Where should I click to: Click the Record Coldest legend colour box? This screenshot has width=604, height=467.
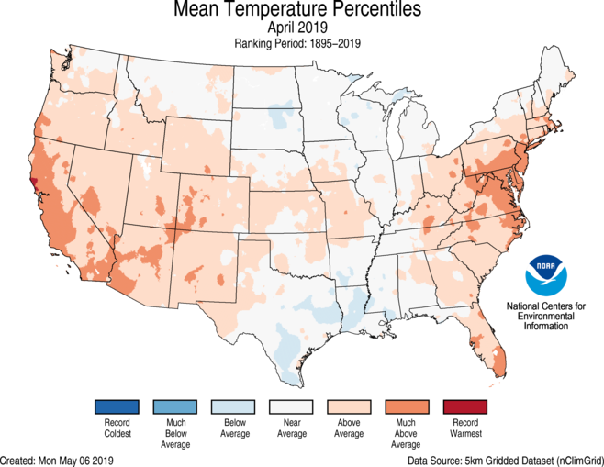click(115, 406)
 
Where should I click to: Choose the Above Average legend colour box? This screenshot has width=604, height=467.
click(348, 406)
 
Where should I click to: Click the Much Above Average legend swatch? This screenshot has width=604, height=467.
click(406, 406)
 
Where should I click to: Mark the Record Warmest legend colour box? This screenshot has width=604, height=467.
click(464, 406)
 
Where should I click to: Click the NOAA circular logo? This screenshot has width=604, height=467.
click(547, 277)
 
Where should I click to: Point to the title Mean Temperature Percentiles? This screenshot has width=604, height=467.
click(302, 11)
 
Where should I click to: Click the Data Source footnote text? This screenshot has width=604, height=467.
click(505, 459)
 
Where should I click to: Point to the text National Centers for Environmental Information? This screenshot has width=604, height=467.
click(548, 315)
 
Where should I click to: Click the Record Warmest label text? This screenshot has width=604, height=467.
click(464, 428)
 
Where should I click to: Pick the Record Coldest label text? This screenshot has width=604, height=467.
click(115, 428)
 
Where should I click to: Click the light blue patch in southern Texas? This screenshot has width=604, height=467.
click(287, 353)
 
